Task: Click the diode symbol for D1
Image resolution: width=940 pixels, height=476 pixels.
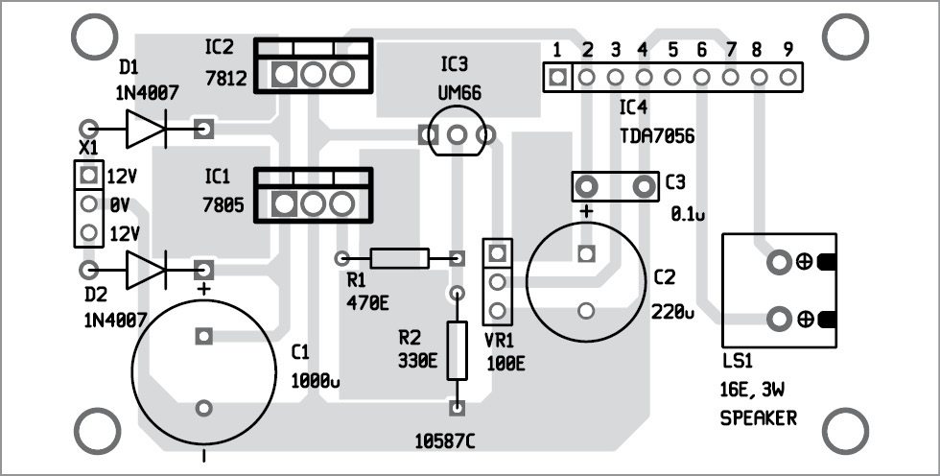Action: (x=145, y=128)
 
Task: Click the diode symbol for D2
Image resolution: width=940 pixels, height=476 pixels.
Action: (x=145, y=270)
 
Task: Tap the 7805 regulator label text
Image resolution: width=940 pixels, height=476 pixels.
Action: (x=223, y=204)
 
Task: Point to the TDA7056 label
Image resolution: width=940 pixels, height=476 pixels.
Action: (x=657, y=137)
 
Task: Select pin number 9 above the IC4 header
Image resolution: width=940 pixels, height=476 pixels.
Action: (x=787, y=49)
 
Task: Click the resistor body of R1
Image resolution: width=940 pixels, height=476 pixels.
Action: (x=400, y=258)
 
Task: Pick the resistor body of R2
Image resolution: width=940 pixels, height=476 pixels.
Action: (x=458, y=348)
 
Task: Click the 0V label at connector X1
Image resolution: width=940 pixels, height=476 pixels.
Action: (x=118, y=203)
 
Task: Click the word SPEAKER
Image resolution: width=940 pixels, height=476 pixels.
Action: (x=758, y=419)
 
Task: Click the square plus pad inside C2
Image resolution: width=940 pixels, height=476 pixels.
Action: (x=585, y=255)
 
